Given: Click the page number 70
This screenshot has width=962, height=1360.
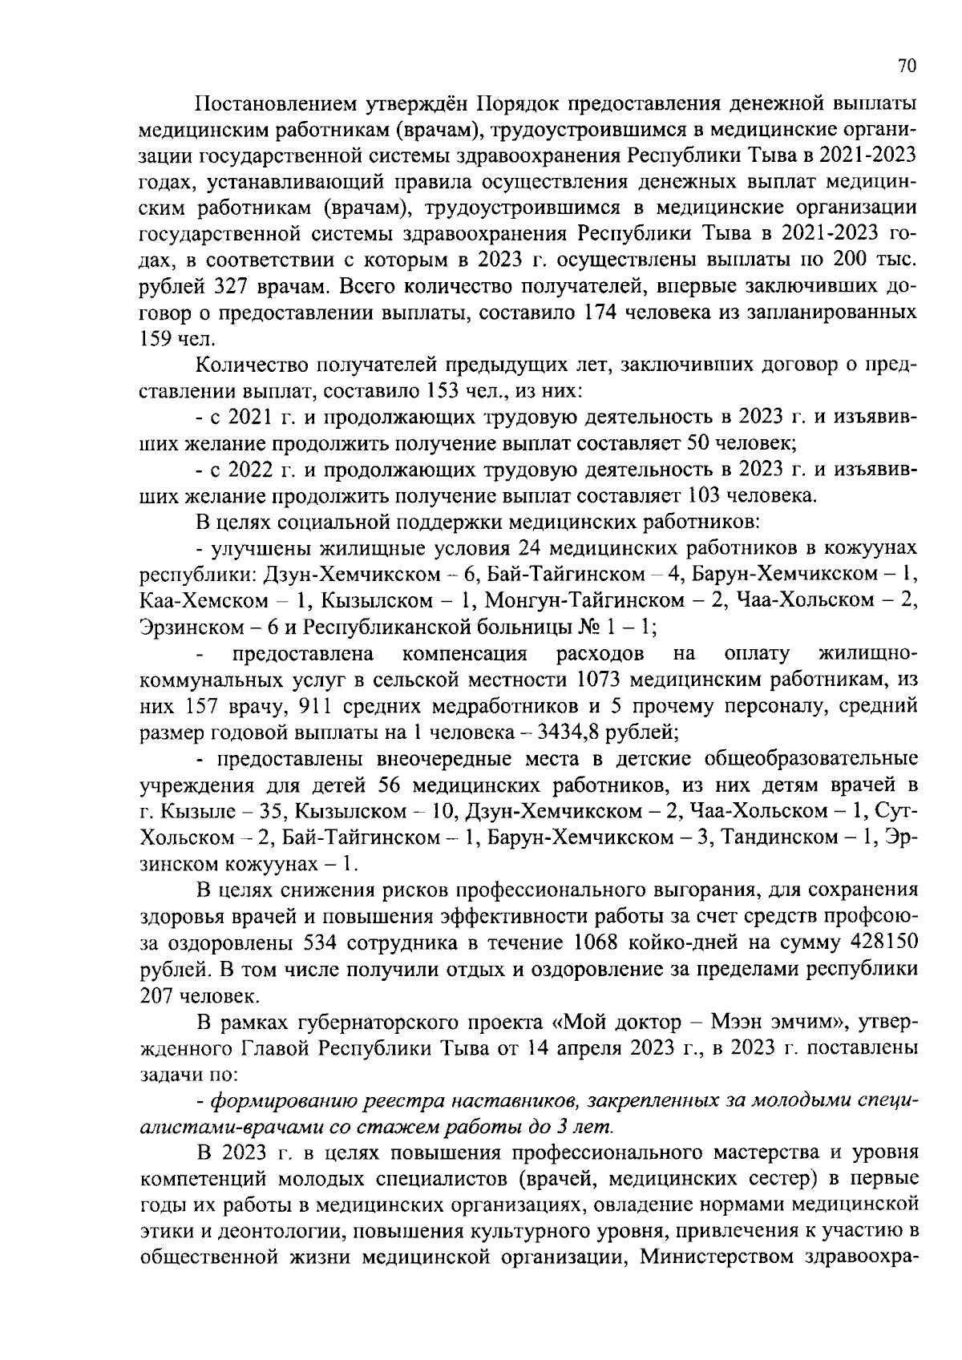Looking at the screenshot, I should (907, 67).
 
